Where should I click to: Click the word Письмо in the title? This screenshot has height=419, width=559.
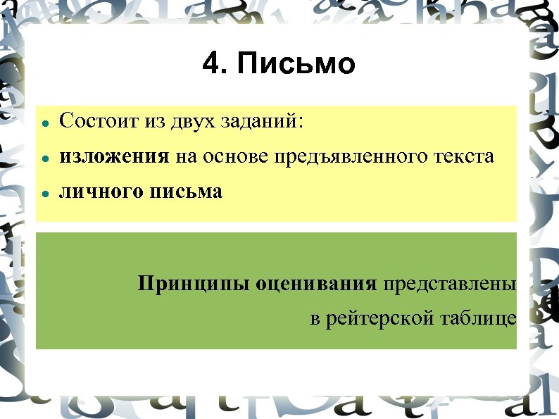point(296,64)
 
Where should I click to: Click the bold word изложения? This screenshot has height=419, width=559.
point(114,156)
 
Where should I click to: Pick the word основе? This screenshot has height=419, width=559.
point(237,156)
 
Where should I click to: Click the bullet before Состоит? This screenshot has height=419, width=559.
point(44,123)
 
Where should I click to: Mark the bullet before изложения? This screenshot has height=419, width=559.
point(44,158)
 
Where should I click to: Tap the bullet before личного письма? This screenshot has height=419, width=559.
point(44,194)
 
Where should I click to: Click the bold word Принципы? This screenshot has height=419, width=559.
point(194,284)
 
